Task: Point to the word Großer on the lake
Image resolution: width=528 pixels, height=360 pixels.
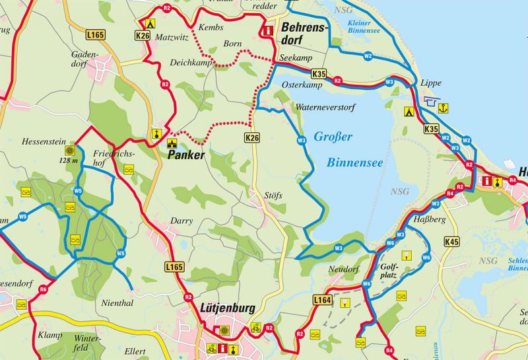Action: pos(333,137)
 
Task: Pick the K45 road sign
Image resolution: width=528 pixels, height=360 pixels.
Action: pos(451,242)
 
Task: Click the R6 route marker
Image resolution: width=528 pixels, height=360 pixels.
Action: pos(43,289)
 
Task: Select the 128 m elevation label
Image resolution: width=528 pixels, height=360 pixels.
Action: pos(69,161)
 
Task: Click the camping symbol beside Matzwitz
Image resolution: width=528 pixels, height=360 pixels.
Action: pos(150,22)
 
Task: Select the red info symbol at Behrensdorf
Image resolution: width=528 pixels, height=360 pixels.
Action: pos(268,30)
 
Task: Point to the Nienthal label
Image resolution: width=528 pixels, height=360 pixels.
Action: pos(119,303)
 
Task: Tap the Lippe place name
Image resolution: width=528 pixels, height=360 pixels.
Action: pos(430,83)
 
